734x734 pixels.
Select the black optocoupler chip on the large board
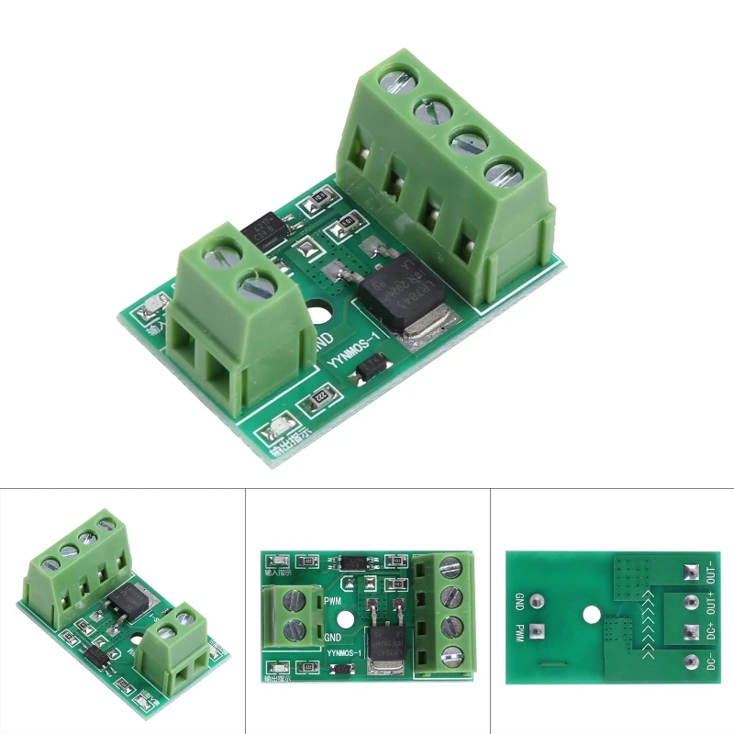pyautogui.click(x=266, y=228)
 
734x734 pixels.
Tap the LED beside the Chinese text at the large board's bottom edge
pyautogui.click(x=275, y=428)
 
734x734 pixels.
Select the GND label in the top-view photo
pyautogui.click(x=335, y=635)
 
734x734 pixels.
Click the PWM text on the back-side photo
pyautogui.click(x=519, y=632)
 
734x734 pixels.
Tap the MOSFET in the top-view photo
pyautogui.click(x=382, y=641)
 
